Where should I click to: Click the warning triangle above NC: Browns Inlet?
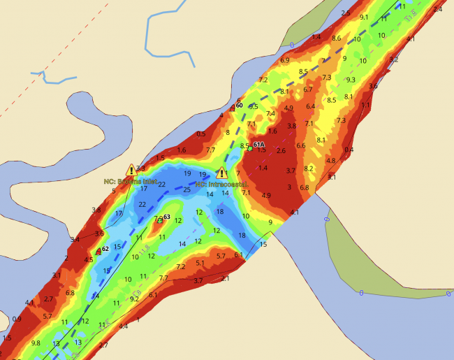131,170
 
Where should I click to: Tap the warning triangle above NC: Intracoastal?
222,173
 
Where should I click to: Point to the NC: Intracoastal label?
222,184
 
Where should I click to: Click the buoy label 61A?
258,145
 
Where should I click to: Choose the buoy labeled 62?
98,250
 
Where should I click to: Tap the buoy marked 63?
160,219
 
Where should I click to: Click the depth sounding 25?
186,189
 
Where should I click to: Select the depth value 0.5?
201,134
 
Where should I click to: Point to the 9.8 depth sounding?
36,343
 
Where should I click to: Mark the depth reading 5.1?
200,263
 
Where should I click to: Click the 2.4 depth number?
438,10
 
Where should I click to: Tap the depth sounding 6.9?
284,61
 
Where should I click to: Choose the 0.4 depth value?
349,150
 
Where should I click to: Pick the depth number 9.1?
364,17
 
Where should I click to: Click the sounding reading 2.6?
281,150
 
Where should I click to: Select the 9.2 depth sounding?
135,298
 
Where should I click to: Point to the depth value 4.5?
89,259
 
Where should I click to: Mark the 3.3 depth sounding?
140,168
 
